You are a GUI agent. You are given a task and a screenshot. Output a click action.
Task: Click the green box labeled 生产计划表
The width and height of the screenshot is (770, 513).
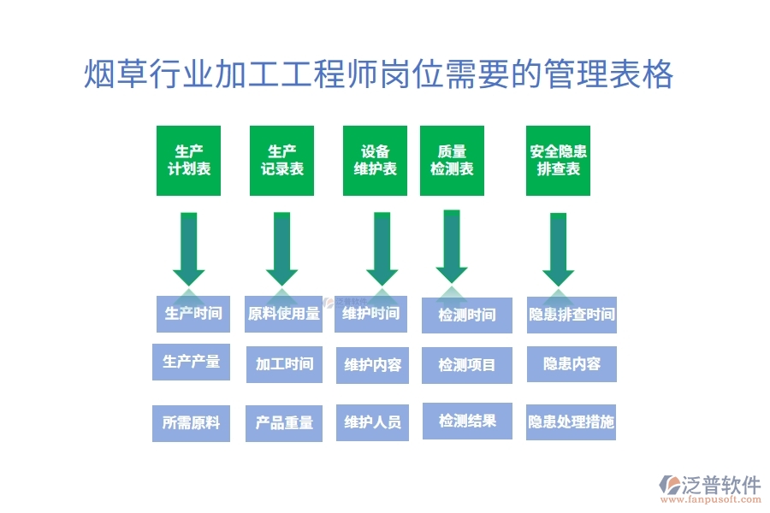188,161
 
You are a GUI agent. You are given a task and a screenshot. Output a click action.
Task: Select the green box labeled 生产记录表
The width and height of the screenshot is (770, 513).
282,161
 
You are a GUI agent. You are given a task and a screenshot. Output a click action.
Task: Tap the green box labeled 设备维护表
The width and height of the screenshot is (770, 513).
375,161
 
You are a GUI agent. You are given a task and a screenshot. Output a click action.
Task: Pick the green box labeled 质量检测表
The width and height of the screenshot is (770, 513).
452,161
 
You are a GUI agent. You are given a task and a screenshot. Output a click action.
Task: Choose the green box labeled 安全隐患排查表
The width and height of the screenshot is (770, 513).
558,161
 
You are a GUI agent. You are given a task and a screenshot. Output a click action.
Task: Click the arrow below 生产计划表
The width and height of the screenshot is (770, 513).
189,249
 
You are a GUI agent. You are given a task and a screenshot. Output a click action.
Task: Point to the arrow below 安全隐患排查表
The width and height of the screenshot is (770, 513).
558,249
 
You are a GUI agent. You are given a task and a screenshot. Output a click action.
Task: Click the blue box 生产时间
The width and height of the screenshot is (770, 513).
193,314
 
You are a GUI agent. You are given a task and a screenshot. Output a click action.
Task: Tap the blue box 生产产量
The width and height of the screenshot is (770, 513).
191,362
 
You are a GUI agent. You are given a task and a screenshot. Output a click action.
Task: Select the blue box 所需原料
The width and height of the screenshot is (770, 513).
191,422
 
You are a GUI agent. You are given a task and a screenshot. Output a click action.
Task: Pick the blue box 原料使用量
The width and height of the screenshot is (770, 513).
284,314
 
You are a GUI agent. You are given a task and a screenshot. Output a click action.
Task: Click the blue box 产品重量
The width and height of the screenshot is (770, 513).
284,422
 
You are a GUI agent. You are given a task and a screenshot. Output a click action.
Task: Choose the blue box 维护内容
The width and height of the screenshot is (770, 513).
372,365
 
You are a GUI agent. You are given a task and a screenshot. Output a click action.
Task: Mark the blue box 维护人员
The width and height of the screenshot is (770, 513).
372,422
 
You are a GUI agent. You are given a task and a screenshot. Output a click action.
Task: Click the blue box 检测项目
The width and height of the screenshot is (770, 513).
467,365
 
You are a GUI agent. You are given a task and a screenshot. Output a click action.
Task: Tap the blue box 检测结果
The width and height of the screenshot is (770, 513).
467,421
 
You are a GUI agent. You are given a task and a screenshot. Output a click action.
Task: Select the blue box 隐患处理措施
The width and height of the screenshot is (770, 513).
571,422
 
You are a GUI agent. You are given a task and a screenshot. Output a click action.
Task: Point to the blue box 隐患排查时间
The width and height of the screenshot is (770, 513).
572,315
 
